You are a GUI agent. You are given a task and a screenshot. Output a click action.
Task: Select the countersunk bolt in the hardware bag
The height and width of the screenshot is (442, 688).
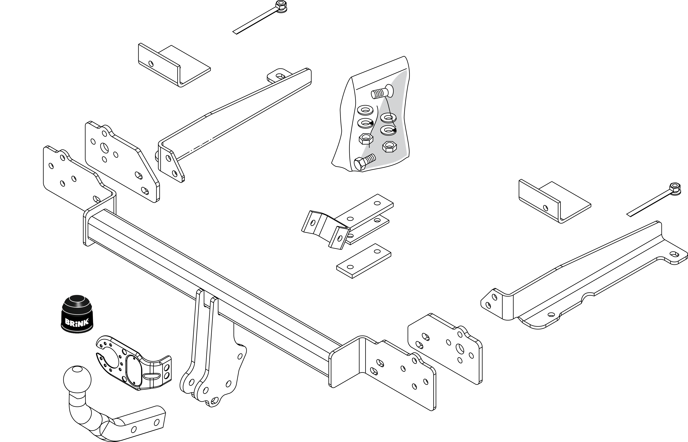382,92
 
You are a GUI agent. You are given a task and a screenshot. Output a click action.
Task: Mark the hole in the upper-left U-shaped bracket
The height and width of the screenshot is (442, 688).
151,63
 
